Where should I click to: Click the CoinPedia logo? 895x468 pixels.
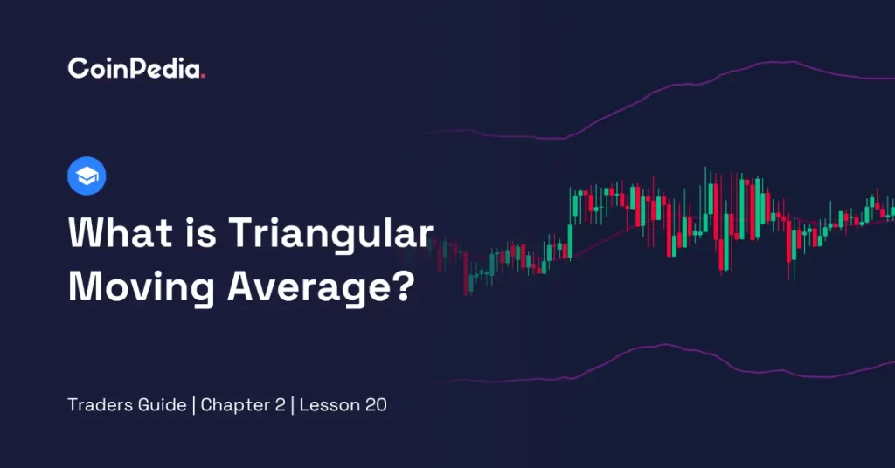[136, 68]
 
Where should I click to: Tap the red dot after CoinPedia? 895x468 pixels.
[203, 76]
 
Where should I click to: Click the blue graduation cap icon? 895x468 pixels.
[87, 175]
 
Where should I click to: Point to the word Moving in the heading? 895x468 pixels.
[141, 287]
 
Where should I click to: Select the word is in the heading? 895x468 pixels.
[200, 232]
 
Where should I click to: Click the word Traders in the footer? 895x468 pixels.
[96, 405]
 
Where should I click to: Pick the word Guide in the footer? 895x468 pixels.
[159, 405]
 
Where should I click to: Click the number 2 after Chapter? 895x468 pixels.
[280, 405]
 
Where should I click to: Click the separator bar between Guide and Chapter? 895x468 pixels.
[193, 405]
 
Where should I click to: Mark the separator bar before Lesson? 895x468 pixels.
[292, 405]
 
